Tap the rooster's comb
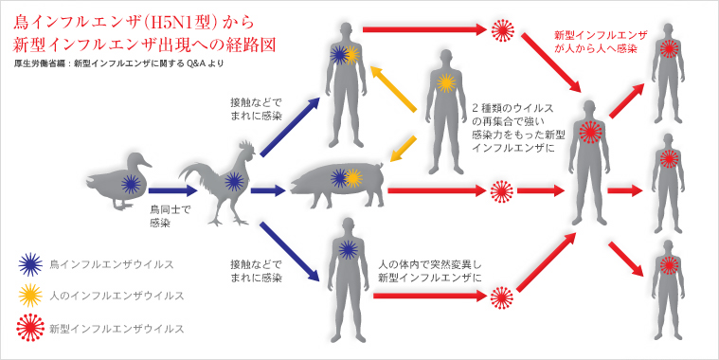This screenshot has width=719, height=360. point(247,148)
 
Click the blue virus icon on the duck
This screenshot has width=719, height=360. point(131,184)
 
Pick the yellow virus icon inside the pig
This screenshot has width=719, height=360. point(353,178)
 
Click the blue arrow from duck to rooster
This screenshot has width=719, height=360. point(172,190)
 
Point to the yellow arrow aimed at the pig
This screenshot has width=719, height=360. point(403,149)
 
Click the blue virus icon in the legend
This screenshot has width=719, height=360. point(30,264)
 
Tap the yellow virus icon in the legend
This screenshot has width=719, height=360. point(30,296)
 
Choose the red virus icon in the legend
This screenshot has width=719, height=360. point(30,328)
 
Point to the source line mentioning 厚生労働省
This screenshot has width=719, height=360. point(118,63)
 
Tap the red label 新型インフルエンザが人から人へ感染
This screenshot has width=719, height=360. point(601,42)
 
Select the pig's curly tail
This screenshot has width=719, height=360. point(379,167)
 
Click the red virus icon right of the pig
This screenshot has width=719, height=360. point(501,190)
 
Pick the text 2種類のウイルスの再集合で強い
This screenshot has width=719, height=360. point(512,116)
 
